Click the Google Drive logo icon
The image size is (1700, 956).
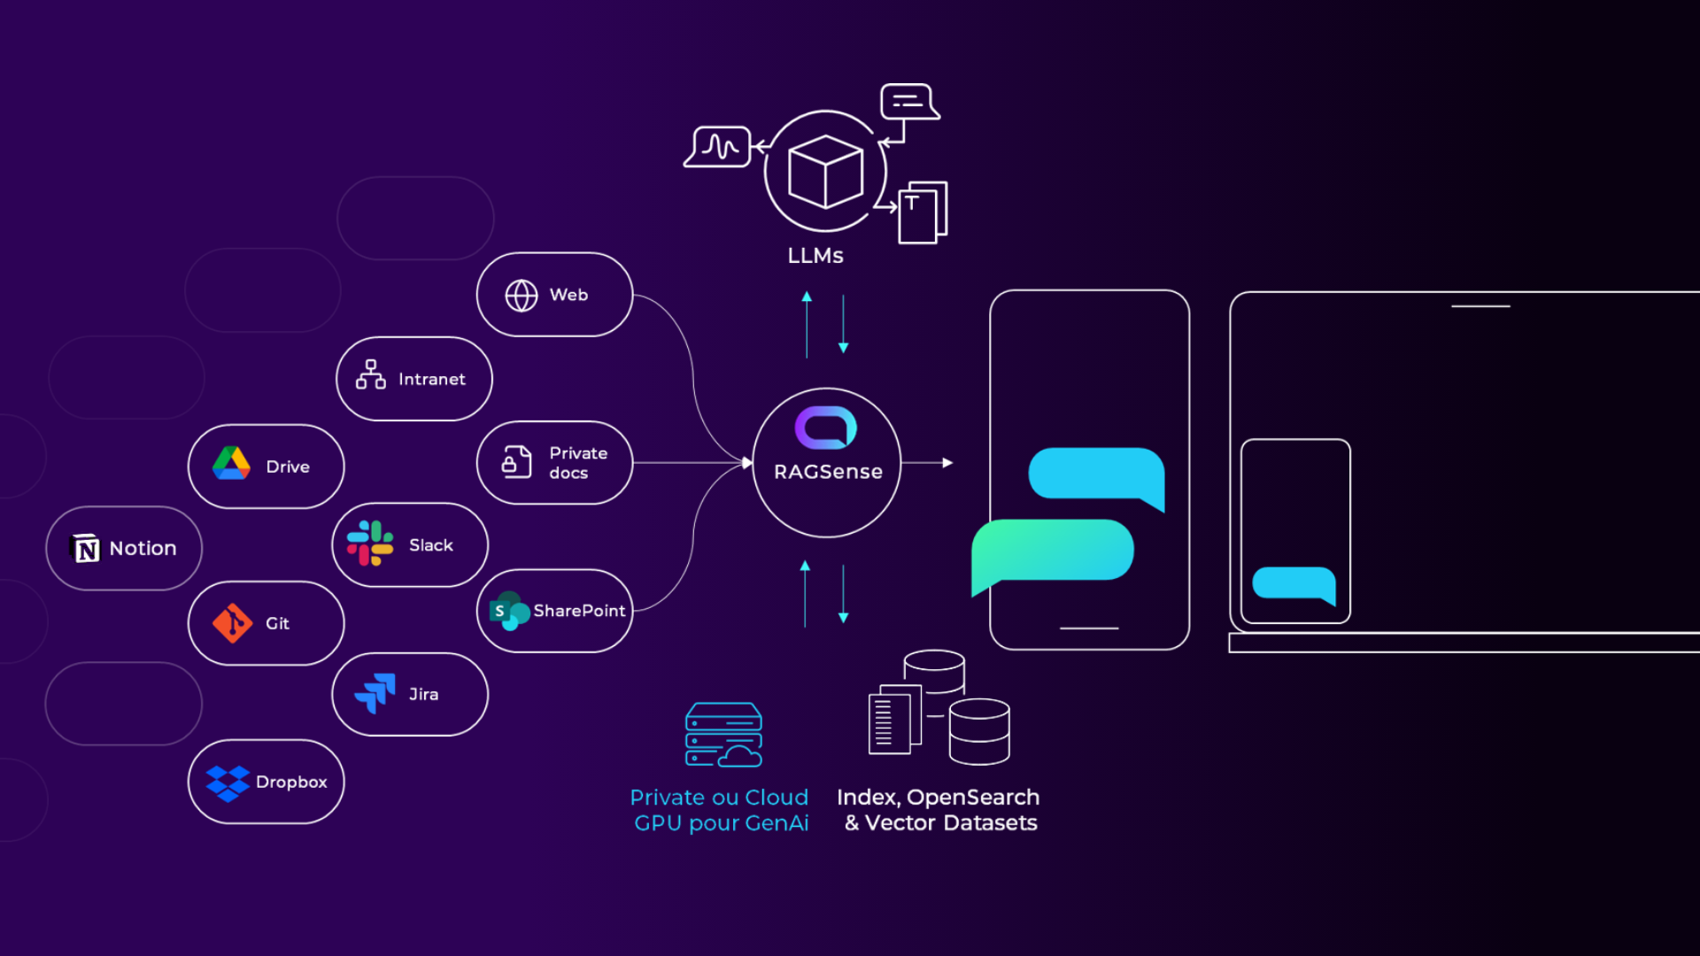pyautogui.click(x=231, y=464)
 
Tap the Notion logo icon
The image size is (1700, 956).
pyautogui.click(x=86, y=549)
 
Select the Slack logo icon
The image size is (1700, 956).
pyautogui.click(x=370, y=544)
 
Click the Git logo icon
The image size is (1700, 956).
pyautogui.click(x=232, y=623)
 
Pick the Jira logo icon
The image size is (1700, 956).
pyautogui.click(x=375, y=693)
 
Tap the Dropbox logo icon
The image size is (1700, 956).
pyautogui.click(x=228, y=783)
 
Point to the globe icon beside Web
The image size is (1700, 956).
pyautogui.click(x=522, y=296)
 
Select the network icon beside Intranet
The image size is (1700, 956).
pyautogui.click(x=370, y=375)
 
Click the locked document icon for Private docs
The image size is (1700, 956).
pyautogui.click(x=517, y=461)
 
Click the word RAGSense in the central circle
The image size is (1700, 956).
pyautogui.click(x=828, y=473)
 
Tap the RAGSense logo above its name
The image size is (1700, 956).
pyautogui.click(x=826, y=428)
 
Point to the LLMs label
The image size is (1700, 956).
pyautogui.click(x=815, y=256)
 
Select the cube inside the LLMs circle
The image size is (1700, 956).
pyautogui.click(x=825, y=172)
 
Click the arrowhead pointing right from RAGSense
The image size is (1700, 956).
pyautogui.click(x=947, y=463)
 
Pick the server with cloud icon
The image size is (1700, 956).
pyautogui.click(x=723, y=735)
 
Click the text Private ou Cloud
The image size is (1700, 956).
pyautogui.click(x=719, y=798)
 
